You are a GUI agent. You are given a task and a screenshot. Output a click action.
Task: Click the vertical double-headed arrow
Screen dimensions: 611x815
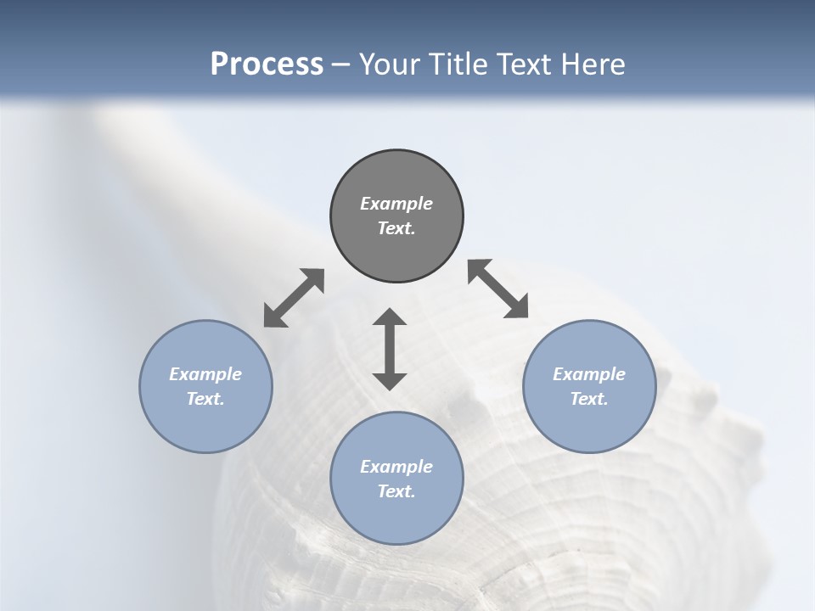(390, 349)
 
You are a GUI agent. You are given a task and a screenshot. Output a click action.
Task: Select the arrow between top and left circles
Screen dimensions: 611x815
(294, 298)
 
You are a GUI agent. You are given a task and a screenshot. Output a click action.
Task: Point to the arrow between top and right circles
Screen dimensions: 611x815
(498, 289)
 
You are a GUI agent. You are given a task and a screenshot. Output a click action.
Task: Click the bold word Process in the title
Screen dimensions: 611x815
(267, 64)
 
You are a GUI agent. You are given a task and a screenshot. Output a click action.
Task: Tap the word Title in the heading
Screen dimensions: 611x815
(457, 64)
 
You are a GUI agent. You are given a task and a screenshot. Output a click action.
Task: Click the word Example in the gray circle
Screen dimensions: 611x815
(396, 204)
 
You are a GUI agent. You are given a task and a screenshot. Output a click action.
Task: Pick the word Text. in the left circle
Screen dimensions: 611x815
(205, 399)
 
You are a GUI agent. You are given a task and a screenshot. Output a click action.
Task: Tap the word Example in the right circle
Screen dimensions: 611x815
(589, 374)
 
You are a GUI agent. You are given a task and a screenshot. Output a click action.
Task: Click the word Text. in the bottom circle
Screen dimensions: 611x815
(396, 491)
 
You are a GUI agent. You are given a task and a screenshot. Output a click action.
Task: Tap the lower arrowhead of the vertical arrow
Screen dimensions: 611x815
(390, 381)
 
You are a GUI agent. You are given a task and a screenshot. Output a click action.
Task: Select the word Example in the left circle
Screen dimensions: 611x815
(205, 374)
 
